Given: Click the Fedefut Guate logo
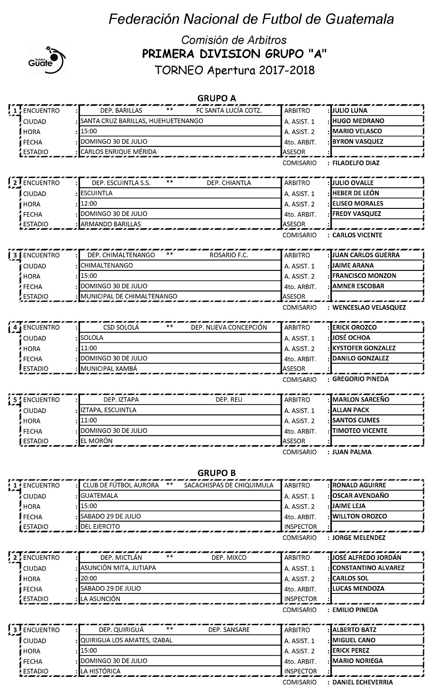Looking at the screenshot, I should (x=46, y=59).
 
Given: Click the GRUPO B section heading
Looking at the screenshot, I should (x=216, y=473).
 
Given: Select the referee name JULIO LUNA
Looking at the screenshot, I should (x=350, y=110).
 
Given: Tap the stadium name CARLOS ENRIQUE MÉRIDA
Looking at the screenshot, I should (x=118, y=152).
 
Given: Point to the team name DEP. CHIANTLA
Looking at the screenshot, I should (x=229, y=183).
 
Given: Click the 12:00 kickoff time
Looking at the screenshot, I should (x=89, y=204).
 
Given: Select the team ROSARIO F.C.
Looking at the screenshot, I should (x=229, y=255).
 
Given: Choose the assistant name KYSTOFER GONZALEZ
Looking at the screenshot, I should (x=364, y=348).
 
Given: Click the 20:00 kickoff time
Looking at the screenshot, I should (x=89, y=578).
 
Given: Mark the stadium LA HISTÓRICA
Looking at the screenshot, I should (x=100, y=671).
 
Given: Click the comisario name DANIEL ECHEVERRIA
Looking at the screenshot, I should (x=363, y=682).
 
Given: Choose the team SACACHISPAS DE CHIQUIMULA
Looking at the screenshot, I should (x=229, y=485).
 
